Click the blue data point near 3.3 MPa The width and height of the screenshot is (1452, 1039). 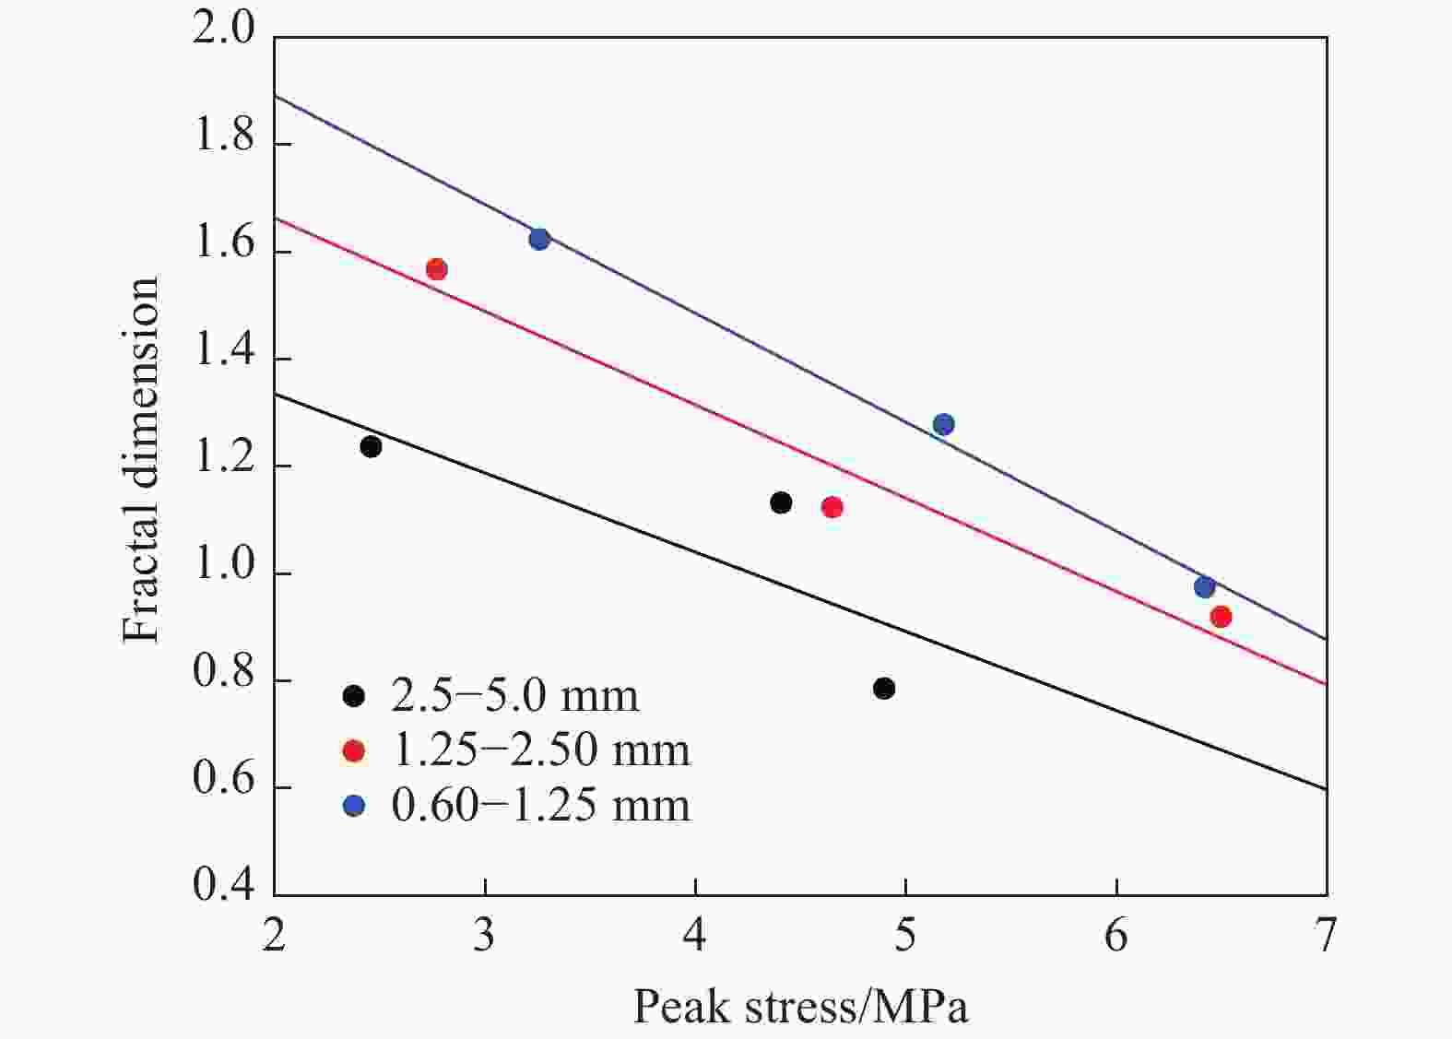coord(539,240)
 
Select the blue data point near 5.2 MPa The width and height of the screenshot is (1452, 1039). coord(943,425)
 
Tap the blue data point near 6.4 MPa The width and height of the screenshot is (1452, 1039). coord(1204,587)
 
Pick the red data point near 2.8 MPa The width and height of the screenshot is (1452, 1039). coord(437,269)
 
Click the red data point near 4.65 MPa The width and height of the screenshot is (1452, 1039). coord(832,507)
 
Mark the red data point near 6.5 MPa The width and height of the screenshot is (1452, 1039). coord(1221,617)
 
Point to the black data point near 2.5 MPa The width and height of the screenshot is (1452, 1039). coord(371,446)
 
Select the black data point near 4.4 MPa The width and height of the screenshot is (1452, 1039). coord(781,502)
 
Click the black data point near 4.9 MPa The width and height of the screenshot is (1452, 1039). coord(884,689)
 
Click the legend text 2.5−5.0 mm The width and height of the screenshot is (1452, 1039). coord(514,696)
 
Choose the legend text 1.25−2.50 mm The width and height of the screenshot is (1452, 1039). coord(540,750)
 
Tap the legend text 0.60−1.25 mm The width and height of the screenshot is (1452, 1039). coord(540,806)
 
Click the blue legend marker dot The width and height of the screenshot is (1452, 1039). coord(354,806)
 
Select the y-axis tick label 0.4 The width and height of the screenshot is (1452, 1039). coord(223,886)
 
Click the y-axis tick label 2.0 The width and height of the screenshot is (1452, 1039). coord(223,30)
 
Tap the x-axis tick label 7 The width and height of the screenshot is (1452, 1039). coord(1326,936)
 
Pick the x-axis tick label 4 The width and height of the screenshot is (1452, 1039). coord(695,936)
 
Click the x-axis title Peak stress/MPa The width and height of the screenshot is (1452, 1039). coord(800,1007)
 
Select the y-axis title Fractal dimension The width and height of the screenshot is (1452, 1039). coord(142,461)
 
